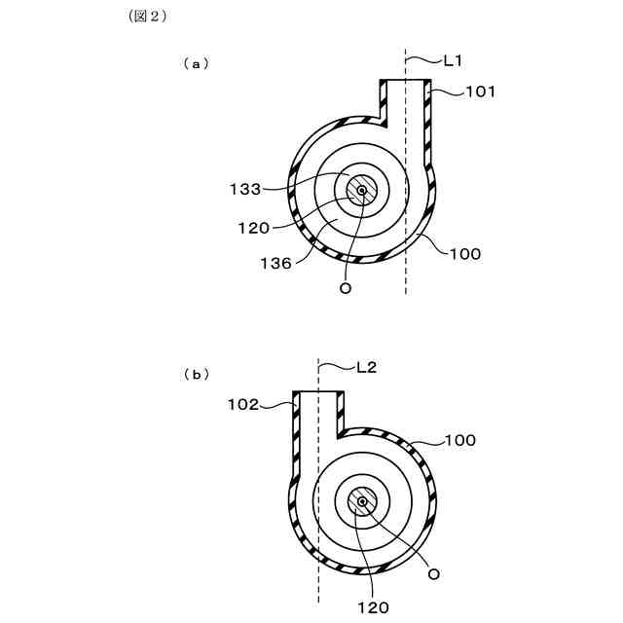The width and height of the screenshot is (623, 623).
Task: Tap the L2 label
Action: tap(366, 367)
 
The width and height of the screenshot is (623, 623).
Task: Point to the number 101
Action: tap(479, 92)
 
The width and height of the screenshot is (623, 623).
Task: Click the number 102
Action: tap(243, 403)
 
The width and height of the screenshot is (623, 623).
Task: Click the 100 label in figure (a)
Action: tap(465, 253)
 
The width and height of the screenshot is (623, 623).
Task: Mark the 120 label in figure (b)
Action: tap(372, 607)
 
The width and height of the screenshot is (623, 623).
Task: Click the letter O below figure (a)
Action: tap(343, 288)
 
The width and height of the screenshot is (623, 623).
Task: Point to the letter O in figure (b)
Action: tap(433, 574)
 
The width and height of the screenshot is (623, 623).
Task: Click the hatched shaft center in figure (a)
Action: tap(361, 190)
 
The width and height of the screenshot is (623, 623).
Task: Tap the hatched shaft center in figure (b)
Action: tap(362, 501)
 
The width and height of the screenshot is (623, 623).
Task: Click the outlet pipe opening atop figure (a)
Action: tap(405, 82)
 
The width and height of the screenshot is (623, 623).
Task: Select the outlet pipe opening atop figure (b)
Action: tap(318, 393)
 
